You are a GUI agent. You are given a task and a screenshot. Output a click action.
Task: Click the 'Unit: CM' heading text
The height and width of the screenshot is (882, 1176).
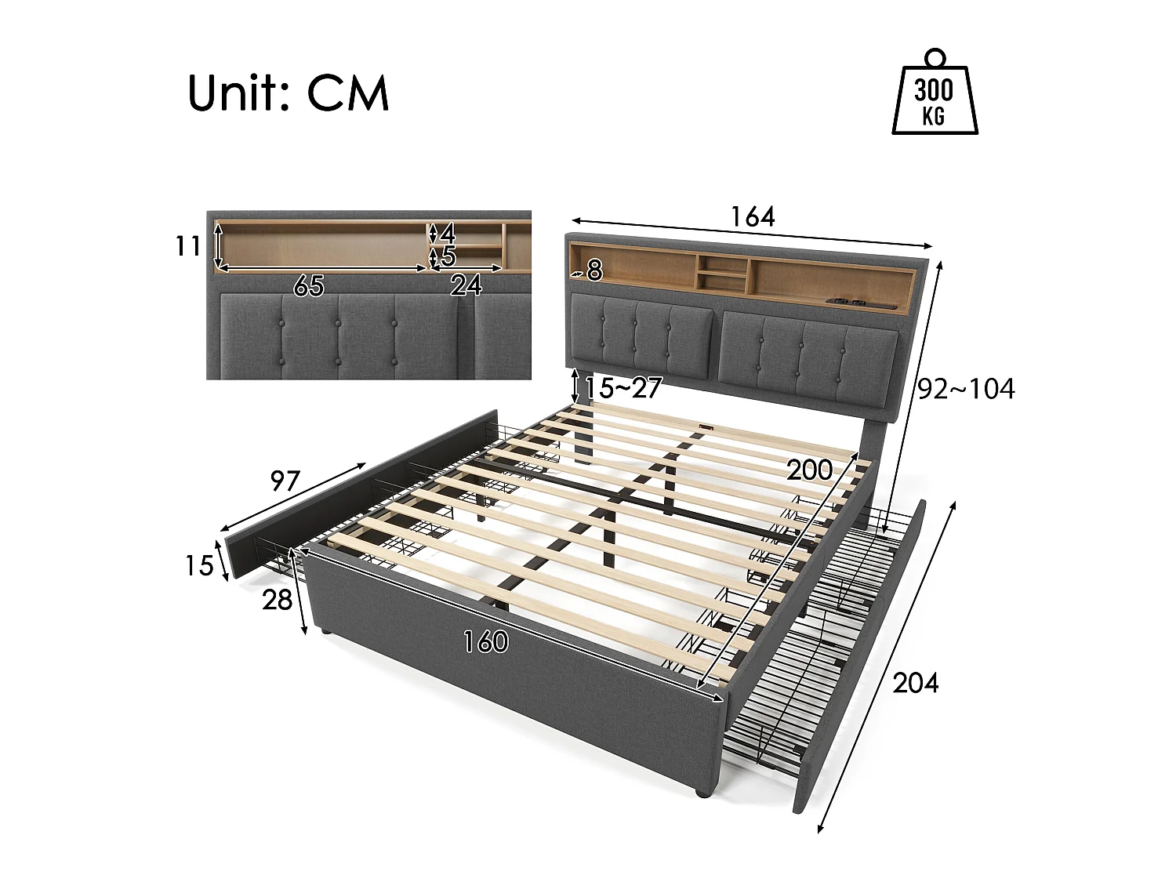coord(288,93)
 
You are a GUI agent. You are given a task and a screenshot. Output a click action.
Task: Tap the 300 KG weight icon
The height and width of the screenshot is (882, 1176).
coord(935,96)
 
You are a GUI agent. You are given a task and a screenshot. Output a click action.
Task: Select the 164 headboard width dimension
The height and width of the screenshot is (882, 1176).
coord(752,216)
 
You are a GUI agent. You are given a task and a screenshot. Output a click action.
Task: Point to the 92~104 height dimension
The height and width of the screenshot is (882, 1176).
coord(966,389)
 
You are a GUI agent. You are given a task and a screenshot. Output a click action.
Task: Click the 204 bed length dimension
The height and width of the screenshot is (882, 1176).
coord(915,683)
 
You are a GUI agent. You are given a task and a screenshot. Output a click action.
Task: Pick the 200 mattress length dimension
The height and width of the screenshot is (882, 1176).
coord(809,470)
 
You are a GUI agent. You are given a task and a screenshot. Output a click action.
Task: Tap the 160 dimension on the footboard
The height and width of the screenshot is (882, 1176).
coord(485,642)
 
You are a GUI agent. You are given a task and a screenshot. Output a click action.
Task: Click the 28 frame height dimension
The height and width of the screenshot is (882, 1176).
coord(277,600)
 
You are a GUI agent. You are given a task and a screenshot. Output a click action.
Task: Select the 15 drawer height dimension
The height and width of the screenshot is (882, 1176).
coord(198,565)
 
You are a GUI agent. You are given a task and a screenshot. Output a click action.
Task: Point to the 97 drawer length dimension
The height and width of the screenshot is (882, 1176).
coord(285,480)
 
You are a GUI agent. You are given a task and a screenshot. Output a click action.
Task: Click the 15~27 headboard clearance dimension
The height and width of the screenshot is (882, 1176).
coord(623,387)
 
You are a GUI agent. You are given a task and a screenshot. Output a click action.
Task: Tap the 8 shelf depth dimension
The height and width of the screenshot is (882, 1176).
coord(594,270)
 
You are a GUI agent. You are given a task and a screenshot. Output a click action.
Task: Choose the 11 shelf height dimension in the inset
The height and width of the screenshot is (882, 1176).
coord(188,246)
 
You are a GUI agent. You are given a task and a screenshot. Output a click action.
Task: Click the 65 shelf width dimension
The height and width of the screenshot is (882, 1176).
coord(308,286)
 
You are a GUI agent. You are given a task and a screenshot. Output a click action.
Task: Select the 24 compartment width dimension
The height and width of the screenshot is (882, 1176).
coord(466,285)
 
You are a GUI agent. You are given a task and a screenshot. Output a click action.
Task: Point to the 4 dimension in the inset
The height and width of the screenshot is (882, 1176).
coord(448,233)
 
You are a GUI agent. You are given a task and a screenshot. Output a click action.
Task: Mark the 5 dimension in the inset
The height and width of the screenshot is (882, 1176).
coord(448,256)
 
